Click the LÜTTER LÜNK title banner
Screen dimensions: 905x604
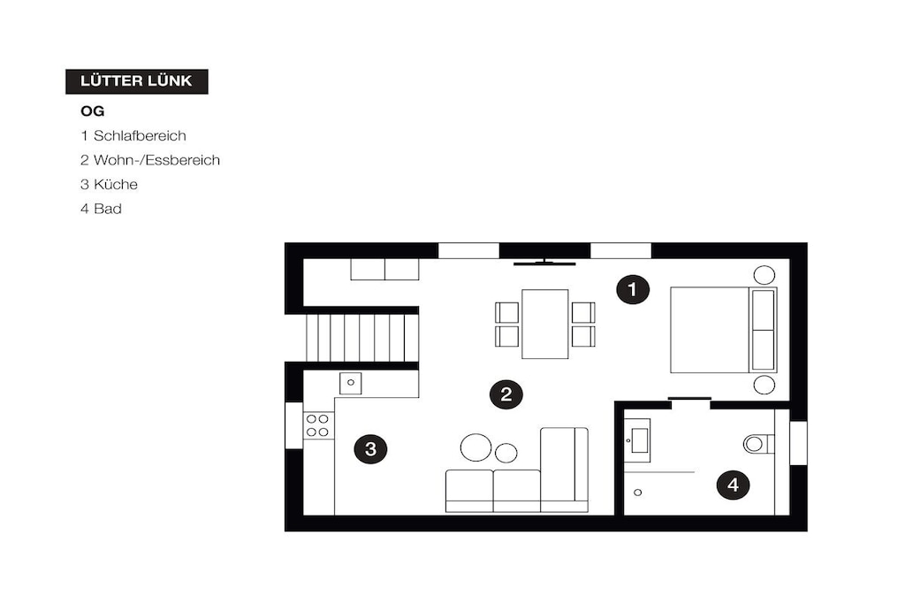pyautogui.click(x=137, y=81)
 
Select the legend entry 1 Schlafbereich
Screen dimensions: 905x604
pyautogui.click(x=133, y=135)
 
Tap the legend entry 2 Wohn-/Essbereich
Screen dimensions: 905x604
pyautogui.click(x=150, y=160)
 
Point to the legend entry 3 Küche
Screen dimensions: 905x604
pyautogui.click(x=109, y=184)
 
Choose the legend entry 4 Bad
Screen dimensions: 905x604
pyautogui.click(x=101, y=209)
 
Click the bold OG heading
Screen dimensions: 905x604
pyautogui.click(x=92, y=111)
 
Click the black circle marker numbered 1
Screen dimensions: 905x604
pyautogui.click(x=633, y=289)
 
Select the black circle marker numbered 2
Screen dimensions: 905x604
pyautogui.click(x=506, y=394)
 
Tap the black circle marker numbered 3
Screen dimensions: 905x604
pyautogui.click(x=370, y=448)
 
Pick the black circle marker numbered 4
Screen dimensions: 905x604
pyautogui.click(x=733, y=485)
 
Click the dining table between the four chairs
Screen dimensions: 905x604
pyautogui.click(x=544, y=324)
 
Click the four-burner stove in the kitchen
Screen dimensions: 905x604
pyautogui.click(x=318, y=425)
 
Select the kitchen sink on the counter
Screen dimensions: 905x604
pyautogui.click(x=350, y=383)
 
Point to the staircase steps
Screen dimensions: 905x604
pyautogui.click(x=361, y=338)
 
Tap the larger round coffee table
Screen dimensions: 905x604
pyautogui.click(x=475, y=447)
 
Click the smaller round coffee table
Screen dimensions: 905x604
pyautogui.click(x=506, y=453)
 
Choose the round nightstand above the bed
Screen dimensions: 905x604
pyautogui.click(x=764, y=275)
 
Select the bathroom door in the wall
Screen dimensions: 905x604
pyautogui.click(x=689, y=399)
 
